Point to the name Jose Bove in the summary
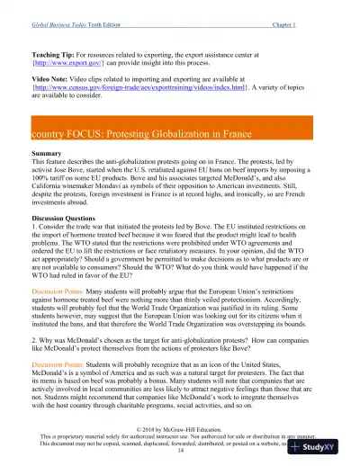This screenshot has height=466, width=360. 66,171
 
